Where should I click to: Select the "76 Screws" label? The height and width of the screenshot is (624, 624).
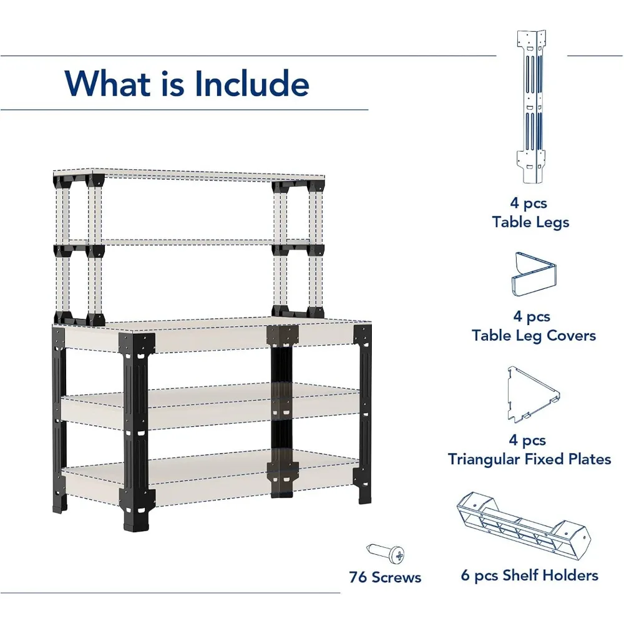[x=385, y=577]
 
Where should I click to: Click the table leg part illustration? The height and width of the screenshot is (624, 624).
[x=530, y=106]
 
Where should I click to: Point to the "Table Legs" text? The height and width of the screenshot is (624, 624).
[x=530, y=222]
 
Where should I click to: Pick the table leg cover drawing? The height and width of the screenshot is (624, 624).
[x=534, y=274]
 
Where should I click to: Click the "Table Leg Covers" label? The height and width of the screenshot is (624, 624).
[x=534, y=336]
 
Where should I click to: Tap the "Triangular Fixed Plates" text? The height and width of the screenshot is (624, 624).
[x=529, y=459]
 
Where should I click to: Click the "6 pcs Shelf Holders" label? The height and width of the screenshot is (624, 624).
[x=529, y=575]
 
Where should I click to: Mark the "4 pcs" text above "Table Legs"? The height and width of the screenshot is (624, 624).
[x=530, y=203]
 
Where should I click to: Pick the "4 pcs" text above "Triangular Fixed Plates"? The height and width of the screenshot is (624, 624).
[x=530, y=441]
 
